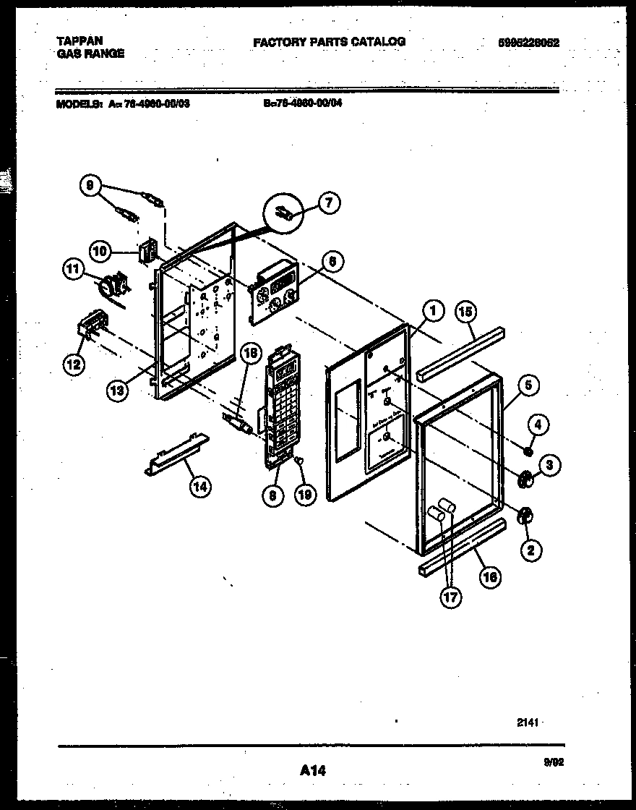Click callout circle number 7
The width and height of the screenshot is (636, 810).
[x=329, y=204]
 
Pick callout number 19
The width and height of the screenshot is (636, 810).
[x=306, y=495]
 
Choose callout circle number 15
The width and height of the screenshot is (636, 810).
[x=466, y=312]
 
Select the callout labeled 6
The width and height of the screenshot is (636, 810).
[x=331, y=262]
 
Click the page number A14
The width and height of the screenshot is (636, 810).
[x=313, y=771]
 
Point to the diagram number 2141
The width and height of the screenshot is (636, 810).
[x=528, y=722]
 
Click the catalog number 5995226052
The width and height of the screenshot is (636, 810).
[x=528, y=43]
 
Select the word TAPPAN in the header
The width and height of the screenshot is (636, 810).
[x=79, y=41]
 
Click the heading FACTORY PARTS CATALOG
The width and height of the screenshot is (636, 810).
[x=329, y=42]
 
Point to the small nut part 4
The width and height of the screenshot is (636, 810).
[x=528, y=453]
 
